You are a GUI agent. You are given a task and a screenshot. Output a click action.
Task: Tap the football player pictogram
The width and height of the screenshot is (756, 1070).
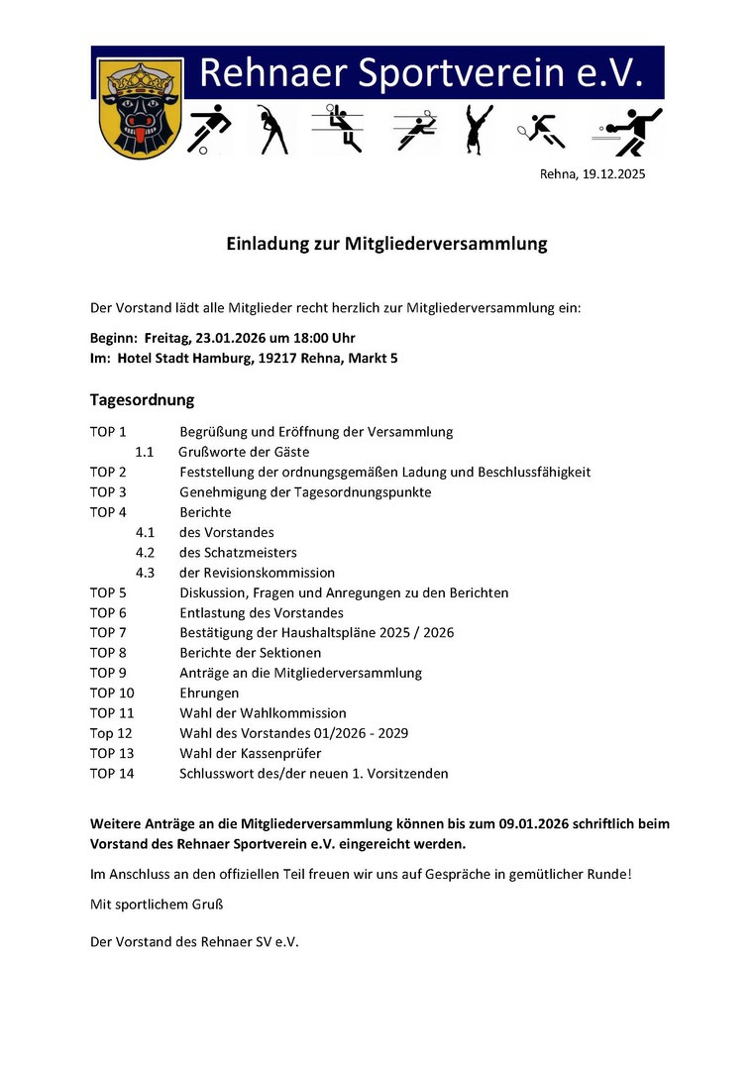tap(208, 130)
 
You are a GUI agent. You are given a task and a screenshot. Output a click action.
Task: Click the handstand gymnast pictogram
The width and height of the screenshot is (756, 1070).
tap(479, 130)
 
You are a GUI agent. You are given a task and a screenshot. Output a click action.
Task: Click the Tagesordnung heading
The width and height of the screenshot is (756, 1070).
tap(142, 400)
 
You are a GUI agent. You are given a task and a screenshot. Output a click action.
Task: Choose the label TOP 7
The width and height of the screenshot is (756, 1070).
tap(108, 632)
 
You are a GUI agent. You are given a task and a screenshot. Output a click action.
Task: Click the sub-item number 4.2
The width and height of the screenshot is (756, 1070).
tap(145, 552)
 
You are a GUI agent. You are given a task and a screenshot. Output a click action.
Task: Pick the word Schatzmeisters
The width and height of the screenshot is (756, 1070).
tap(251, 552)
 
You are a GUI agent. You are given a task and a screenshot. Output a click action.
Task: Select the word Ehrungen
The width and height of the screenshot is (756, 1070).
tap(209, 693)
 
